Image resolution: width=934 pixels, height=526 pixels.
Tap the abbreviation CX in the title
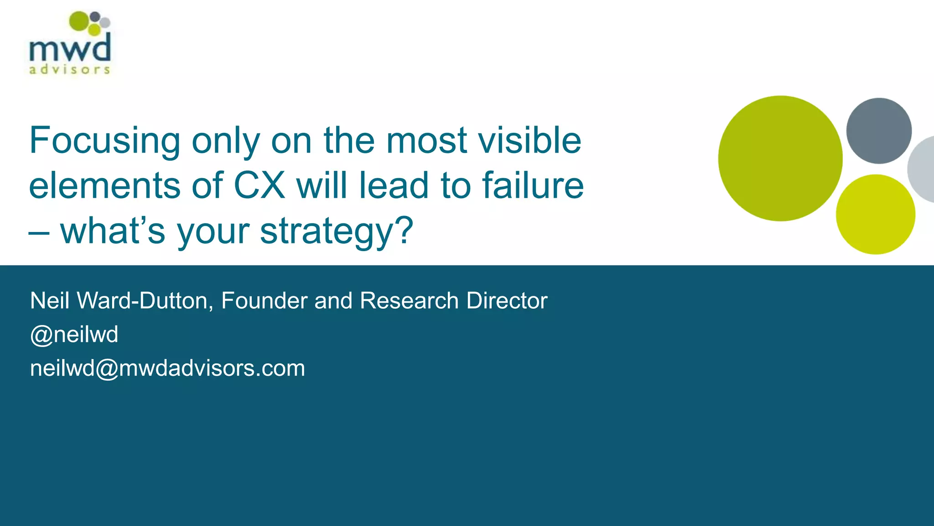click(259, 185)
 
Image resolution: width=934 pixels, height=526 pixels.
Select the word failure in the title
click(533, 185)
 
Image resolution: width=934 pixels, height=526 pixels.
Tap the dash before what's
click(39, 233)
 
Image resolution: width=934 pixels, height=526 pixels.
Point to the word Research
click(409, 301)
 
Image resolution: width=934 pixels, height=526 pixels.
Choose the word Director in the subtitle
click(507, 301)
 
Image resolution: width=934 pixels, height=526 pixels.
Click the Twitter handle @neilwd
click(74, 335)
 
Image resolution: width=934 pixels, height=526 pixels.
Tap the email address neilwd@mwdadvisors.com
click(167, 368)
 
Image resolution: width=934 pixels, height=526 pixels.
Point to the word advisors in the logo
click(70, 70)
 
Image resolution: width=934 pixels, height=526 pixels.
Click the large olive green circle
click(780, 158)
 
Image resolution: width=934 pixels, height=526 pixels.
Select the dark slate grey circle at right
click(879, 131)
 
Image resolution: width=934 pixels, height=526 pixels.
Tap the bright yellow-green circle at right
click(875, 214)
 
